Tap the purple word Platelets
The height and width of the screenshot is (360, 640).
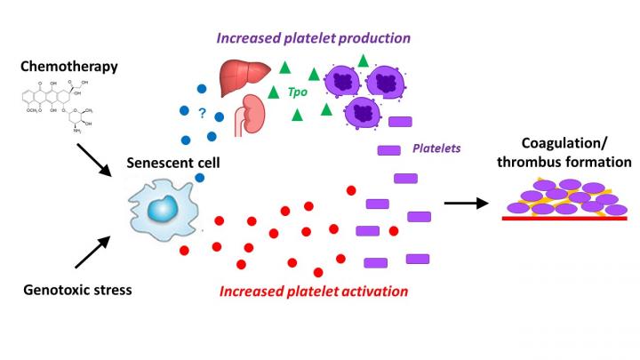[436, 148]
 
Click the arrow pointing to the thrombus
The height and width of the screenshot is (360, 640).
[468, 203]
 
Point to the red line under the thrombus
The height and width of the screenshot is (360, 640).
[565, 217]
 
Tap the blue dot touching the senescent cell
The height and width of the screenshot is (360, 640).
[201, 178]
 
